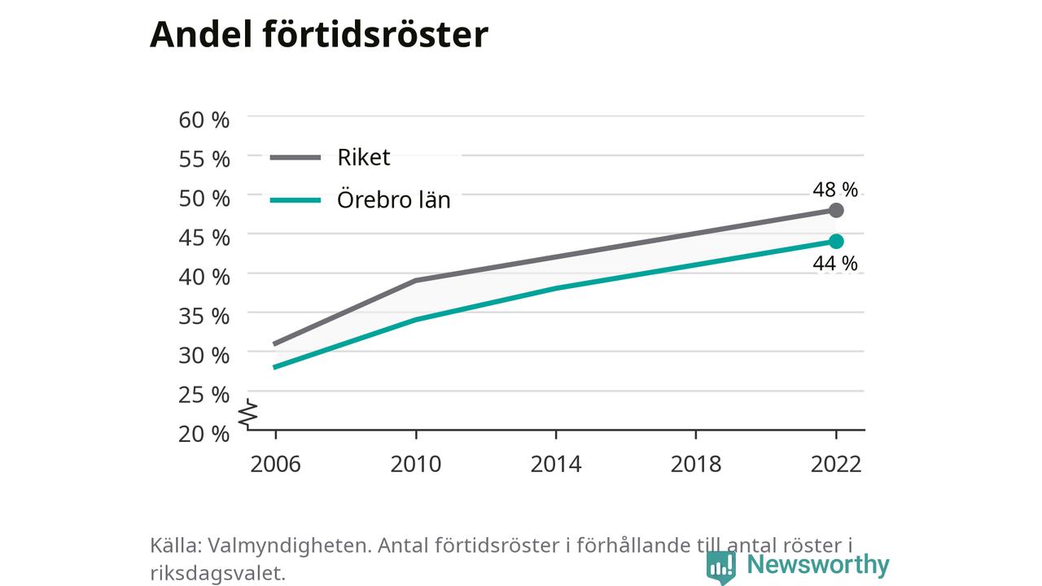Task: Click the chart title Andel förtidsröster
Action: tap(319, 34)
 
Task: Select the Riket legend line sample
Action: tap(296, 158)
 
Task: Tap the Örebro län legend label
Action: tap(393, 200)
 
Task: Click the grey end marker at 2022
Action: tap(836, 210)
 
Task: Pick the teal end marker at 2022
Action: tap(836, 242)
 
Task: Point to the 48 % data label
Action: tap(835, 190)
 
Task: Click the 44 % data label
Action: tap(835, 263)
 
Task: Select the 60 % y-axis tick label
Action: tap(204, 120)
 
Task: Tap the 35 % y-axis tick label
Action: tap(204, 317)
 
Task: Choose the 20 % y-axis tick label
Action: tap(204, 434)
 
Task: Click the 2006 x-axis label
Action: tap(275, 464)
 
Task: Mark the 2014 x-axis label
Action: tap(556, 464)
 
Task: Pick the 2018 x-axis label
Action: tap(696, 464)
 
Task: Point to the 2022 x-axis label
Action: tap(836, 464)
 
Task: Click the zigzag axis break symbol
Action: tap(248, 413)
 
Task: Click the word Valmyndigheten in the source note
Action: tap(290, 545)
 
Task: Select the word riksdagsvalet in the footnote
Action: tap(217, 573)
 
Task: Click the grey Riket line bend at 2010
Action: tap(415, 281)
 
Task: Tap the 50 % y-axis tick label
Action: tap(204, 198)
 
